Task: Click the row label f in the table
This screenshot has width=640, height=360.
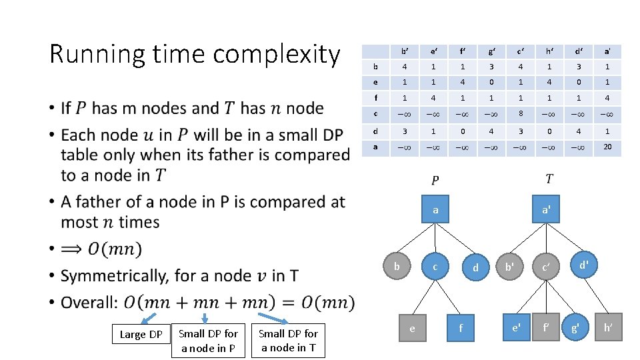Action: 376,99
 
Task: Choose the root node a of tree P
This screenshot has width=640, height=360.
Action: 435,210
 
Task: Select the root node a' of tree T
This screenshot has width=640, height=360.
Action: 545,210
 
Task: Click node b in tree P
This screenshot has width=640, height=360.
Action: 397,267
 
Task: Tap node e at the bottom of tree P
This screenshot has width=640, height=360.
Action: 412,328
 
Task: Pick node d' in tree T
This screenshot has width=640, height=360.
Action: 583,265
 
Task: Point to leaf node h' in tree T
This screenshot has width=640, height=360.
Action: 608,327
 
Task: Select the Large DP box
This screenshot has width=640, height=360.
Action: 141,334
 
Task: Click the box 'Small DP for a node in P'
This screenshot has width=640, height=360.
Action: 208,341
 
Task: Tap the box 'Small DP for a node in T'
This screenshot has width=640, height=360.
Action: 288,341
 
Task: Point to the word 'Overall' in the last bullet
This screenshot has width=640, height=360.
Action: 87,303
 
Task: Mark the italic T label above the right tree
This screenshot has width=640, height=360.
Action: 549,180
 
